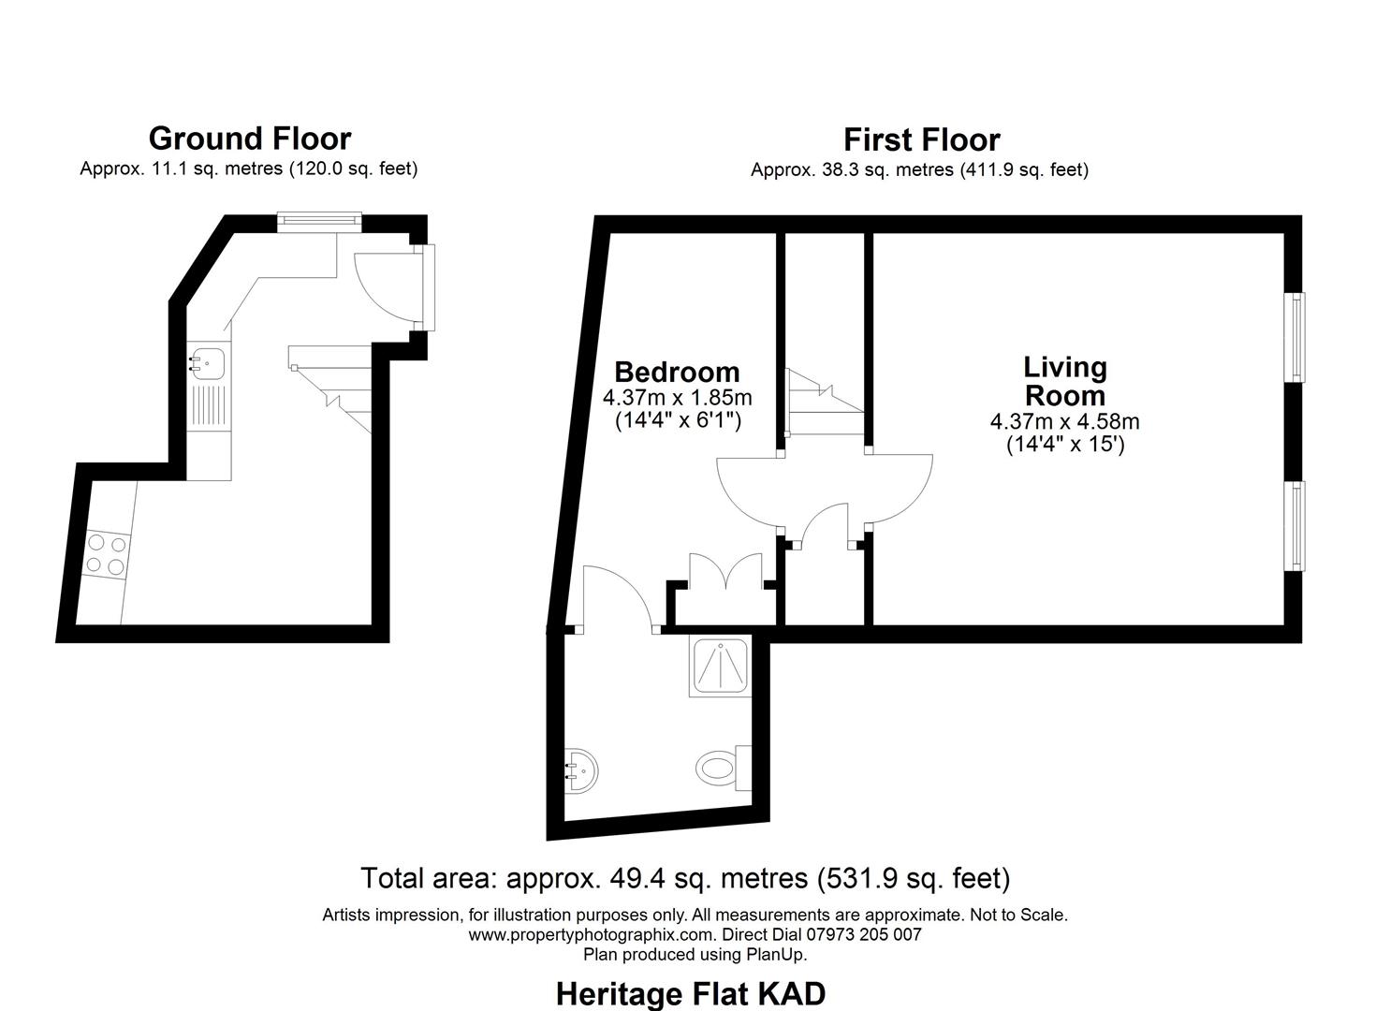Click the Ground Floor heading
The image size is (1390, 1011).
[x=249, y=139]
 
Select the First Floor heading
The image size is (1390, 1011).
[x=921, y=139]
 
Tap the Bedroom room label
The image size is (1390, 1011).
[x=677, y=372]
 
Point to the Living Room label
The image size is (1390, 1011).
[x=1064, y=380]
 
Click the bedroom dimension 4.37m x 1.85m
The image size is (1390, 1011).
[x=677, y=398]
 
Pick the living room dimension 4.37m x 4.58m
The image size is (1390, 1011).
[x=1064, y=421]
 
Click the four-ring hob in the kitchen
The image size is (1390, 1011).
[x=106, y=554]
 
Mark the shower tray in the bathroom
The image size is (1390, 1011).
[x=720, y=666]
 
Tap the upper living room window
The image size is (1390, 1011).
[x=1295, y=337]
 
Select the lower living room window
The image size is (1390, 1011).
[x=1295, y=525]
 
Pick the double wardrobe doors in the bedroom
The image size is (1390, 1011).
[x=726, y=572]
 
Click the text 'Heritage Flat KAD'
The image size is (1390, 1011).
[x=691, y=993]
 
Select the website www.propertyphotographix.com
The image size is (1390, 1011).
[x=591, y=934]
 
